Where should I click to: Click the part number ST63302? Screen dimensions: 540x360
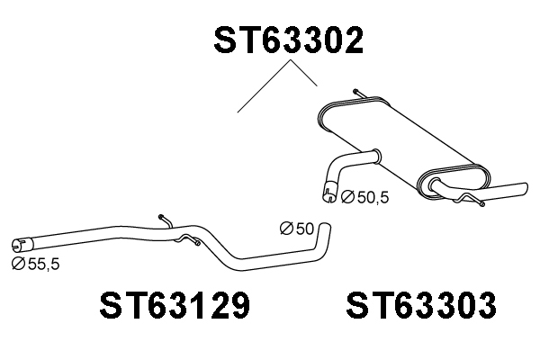(x=288, y=40)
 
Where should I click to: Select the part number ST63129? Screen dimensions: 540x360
(x=175, y=305)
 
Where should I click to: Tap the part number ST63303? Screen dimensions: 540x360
(x=421, y=305)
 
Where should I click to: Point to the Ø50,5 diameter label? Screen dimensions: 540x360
(x=364, y=198)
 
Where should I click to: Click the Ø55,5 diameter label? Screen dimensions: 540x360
(x=35, y=264)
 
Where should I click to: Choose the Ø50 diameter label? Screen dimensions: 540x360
(x=297, y=229)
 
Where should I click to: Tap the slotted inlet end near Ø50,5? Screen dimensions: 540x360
(x=329, y=193)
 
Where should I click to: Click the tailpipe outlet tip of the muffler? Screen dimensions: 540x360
(x=523, y=190)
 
